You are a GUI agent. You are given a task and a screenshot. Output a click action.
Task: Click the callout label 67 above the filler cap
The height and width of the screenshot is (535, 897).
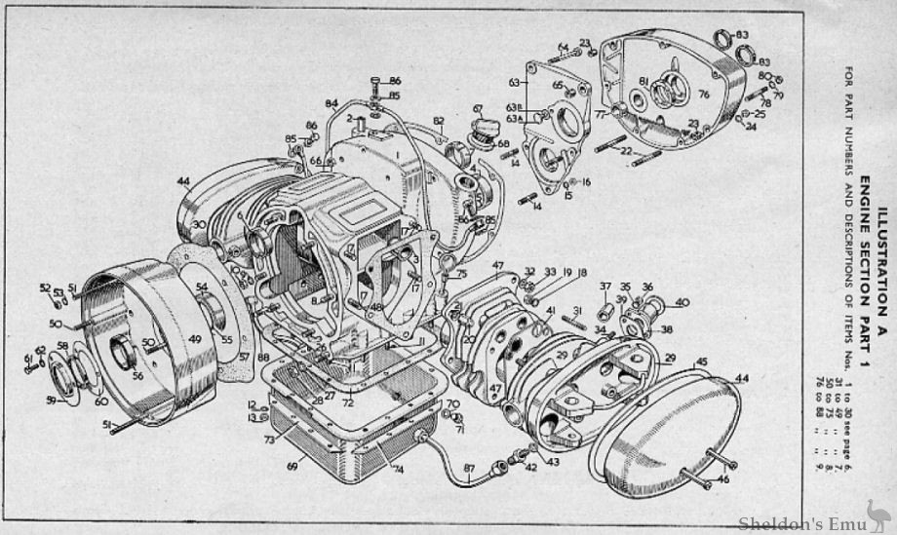tap(478, 108)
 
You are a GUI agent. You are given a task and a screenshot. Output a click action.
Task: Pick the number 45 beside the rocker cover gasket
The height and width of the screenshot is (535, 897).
tap(700, 362)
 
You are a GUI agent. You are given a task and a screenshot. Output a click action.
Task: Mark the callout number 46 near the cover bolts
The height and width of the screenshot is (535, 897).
tap(722, 480)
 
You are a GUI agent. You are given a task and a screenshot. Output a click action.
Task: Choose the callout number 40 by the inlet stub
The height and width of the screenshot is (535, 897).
tap(682, 301)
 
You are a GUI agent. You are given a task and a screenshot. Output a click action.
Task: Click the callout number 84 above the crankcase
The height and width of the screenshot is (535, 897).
tap(331, 102)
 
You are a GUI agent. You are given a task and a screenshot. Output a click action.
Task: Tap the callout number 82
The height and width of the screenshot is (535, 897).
tap(439, 121)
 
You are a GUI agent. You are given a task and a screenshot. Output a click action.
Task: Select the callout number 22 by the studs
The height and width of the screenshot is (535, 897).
tap(626, 151)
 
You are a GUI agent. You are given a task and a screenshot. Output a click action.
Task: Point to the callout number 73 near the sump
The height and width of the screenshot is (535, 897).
tap(266, 439)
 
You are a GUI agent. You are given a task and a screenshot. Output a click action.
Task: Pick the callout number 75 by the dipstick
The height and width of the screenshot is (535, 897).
tap(462, 276)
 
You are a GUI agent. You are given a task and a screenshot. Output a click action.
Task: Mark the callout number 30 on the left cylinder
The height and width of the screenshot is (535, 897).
tap(198, 224)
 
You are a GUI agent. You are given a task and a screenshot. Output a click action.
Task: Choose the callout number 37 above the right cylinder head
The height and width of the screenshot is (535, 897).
tap(604, 287)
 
